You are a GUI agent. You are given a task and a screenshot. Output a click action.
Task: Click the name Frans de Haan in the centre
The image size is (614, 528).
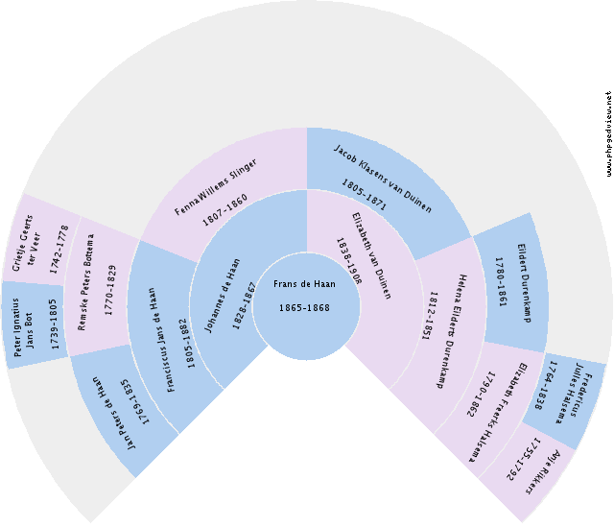pyautogui.click(x=306, y=284)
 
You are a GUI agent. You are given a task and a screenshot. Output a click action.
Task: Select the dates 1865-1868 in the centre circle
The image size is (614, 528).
pyautogui.click(x=306, y=307)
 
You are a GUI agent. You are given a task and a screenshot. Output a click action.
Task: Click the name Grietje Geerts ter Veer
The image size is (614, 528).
pyautogui.click(x=38, y=240)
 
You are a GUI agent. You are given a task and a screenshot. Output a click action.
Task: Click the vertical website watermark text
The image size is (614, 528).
pyautogui.click(x=608, y=134)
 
